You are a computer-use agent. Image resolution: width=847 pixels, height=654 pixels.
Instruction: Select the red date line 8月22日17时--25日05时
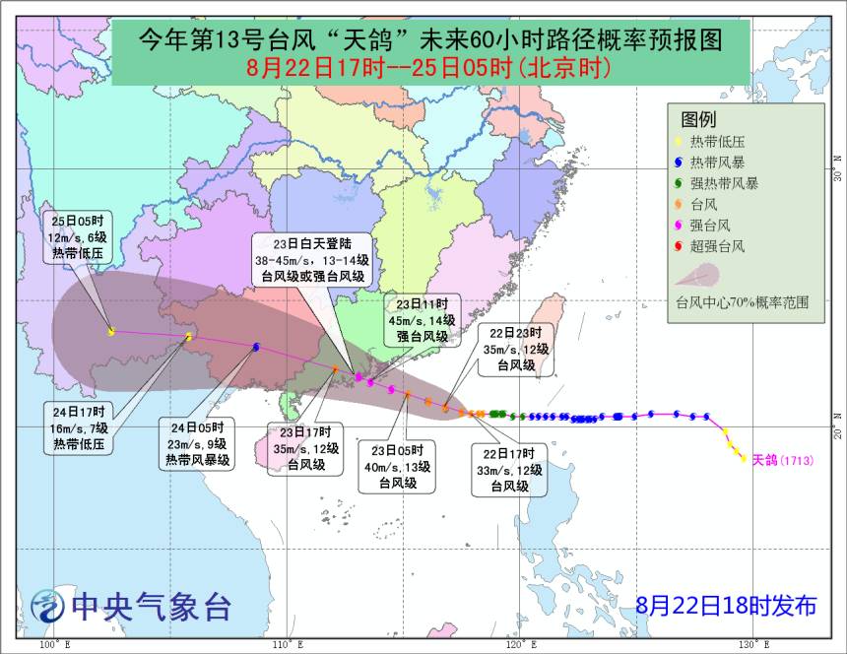(429, 68)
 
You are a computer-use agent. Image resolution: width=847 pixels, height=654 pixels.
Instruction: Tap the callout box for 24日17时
(83, 427)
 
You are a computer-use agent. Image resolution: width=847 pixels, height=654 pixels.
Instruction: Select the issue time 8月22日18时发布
(725, 606)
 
